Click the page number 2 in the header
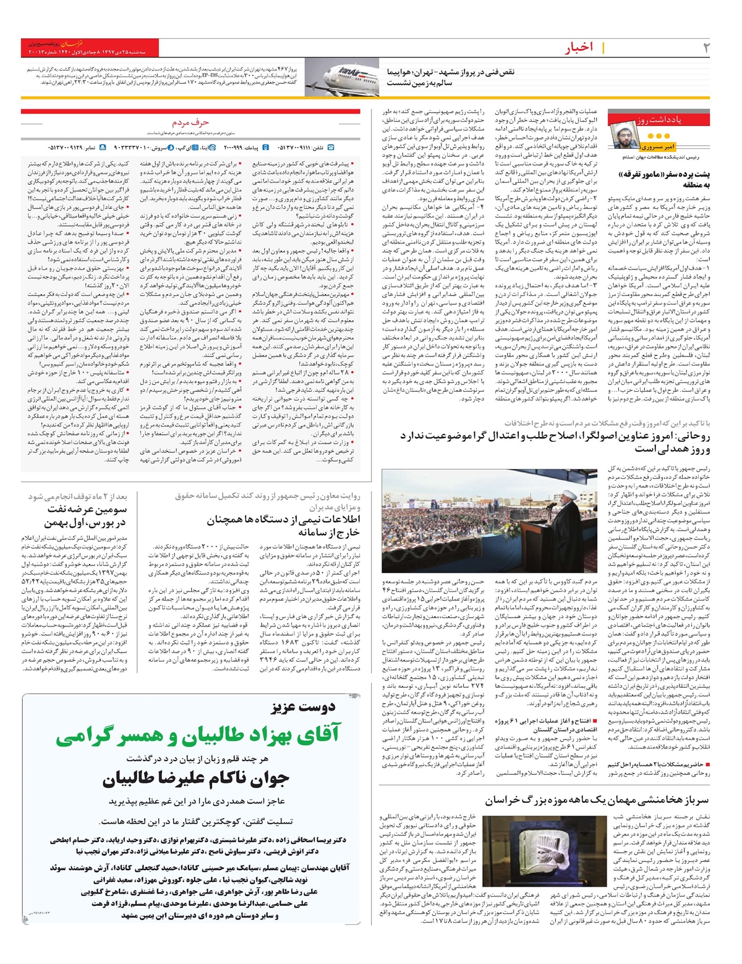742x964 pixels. (706, 48)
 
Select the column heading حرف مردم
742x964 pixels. (190, 123)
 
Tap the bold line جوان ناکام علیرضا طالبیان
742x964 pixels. (196, 779)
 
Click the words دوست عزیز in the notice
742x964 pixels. (303, 707)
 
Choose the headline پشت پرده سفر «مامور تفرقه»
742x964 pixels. (658, 180)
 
